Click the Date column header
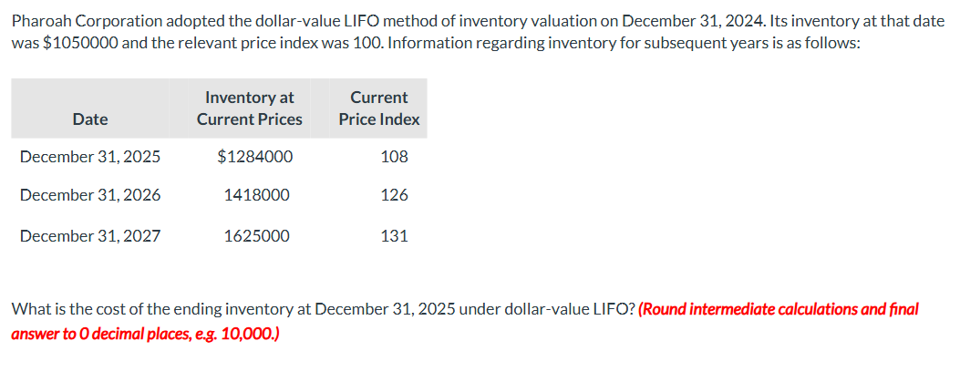tap(90, 119)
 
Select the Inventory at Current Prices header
tap(249, 108)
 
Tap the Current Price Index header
tap(379, 108)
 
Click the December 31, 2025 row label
tap(90, 157)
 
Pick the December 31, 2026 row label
tap(90, 196)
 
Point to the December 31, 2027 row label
tap(90, 236)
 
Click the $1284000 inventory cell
tap(254, 157)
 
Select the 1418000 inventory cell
tap(257, 196)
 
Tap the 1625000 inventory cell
tap(257, 236)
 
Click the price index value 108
tap(394, 157)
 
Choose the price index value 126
tap(394, 196)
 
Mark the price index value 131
tap(394, 236)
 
